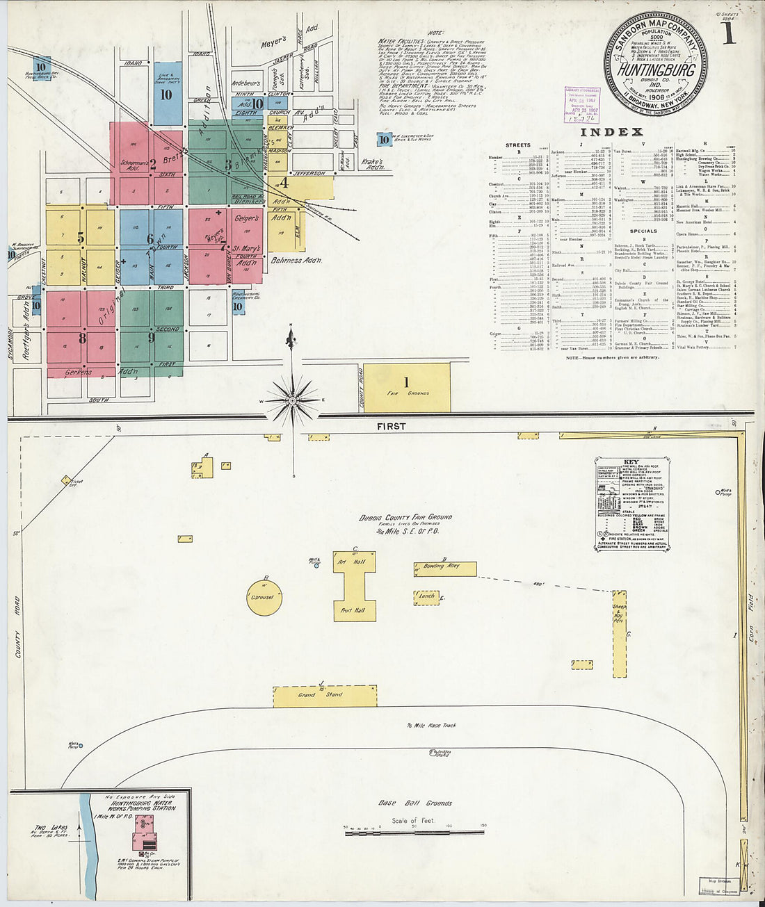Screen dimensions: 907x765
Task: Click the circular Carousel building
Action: pyautogui.click(x=264, y=598)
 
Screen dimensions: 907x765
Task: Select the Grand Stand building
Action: pyautogui.click(x=325, y=695)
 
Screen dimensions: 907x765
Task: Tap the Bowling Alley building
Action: pyautogui.click(x=445, y=569)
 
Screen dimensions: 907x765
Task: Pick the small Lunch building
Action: pyautogui.click(x=426, y=596)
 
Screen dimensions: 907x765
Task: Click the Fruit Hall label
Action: pyautogui.click(x=354, y=610)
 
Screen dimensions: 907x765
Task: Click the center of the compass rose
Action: pyautogui.click(x=293, y=400)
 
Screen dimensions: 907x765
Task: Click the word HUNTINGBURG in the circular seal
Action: pyautogui.click(x=654, y=70)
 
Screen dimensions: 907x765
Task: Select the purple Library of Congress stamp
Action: pyautogui.click(x=582, y=105)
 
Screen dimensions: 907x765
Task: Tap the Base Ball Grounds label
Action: pyautogui.click(x=414, y=803)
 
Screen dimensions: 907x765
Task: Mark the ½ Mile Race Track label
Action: pyautogui.click(x=431, y=726)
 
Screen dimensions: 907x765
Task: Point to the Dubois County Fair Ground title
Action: pyautogui.click(x=406, y=517)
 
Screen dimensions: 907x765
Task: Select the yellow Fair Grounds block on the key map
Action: pyautogui.click(x=407, y=387)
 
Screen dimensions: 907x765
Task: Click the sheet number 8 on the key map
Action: pyautogui.click(x=82, y=339)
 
